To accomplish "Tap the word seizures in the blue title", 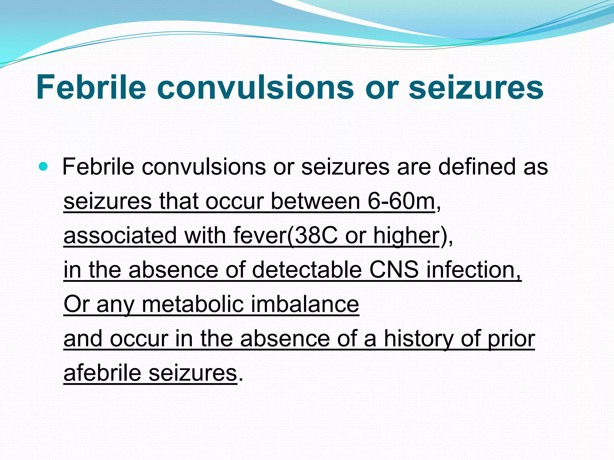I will (x=476, y=87).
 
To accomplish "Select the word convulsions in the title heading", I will (x=255, y=87).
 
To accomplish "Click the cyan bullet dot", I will (x=43, y=167).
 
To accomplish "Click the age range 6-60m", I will (x=401, y=201).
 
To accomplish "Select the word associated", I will (x=120, y=236).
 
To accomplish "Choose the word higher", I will (x=406, y=236).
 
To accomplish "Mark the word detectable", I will (x=307, y=270).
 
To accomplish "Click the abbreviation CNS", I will (x=394, y=270).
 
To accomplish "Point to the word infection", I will (x=474, y=270).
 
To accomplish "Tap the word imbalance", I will (x=305, y=304).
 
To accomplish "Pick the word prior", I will (x=511, y=339).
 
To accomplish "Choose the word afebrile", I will (x=102, y=373).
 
